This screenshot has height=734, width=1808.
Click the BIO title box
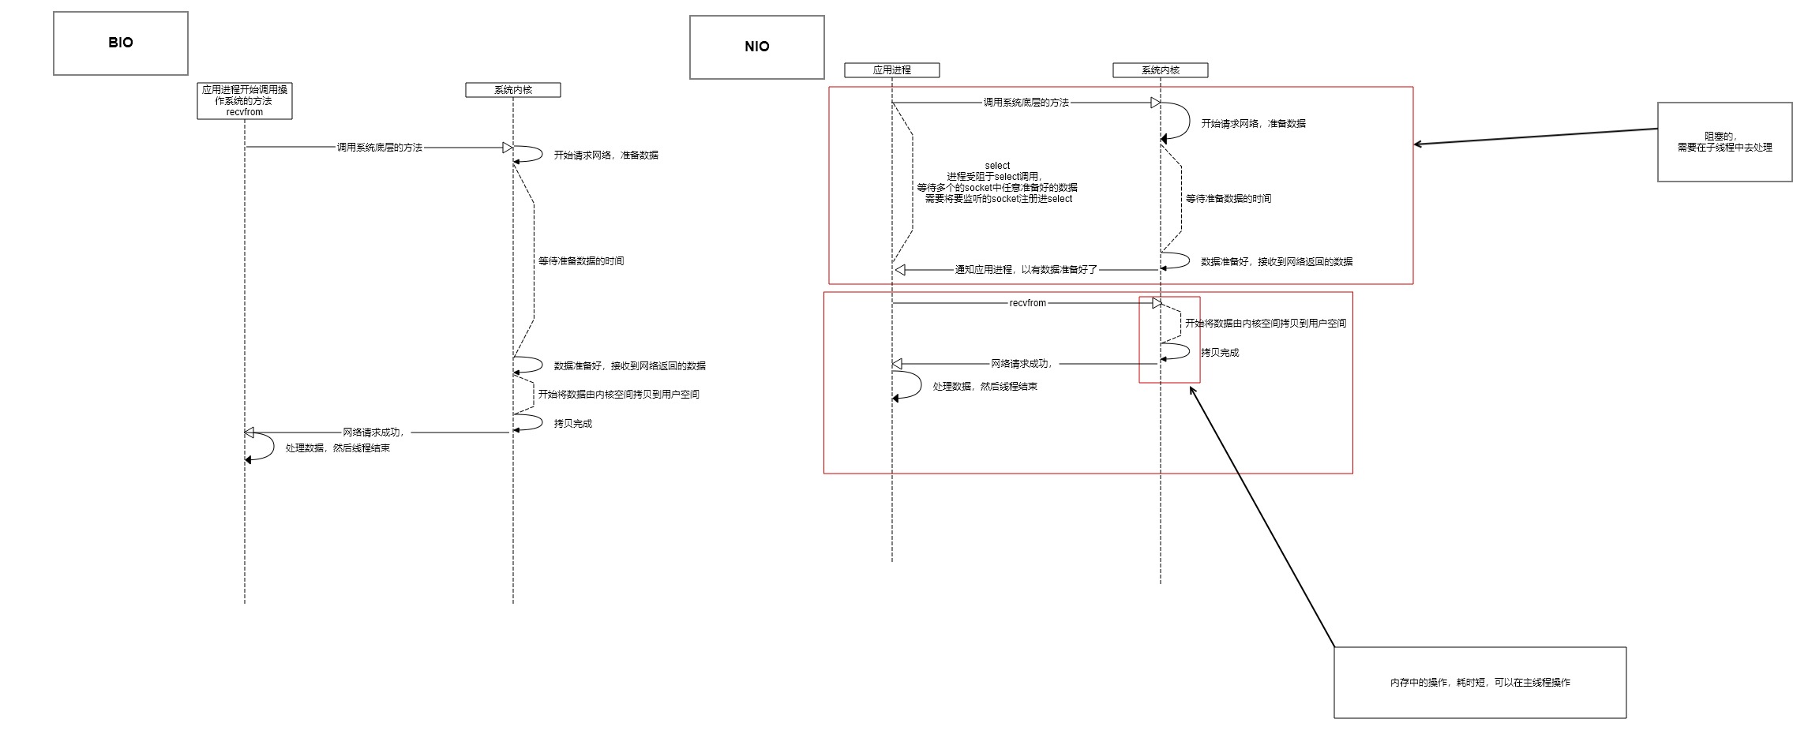point(121,43)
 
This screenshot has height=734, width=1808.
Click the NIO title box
point(756,47)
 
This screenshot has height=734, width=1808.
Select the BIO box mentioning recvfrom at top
point(245,101)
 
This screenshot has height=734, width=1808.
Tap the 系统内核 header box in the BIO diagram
point(513,90)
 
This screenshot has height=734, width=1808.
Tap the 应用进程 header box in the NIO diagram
point(892,70)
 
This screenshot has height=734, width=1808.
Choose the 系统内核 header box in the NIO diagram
point(1161,70)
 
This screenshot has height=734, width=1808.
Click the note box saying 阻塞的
point(1724,142)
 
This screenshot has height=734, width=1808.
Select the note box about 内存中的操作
point(1480,683)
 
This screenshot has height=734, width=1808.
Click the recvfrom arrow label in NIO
point(1027,303)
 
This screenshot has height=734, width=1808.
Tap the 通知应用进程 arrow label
point(1026,270)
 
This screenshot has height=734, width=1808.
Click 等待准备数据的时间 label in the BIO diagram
point(581,261)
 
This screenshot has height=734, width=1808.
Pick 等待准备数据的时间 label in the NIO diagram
point(1228,199)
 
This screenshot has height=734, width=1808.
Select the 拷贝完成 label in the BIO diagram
point(572,424)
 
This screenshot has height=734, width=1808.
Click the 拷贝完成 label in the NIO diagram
point(1220,353)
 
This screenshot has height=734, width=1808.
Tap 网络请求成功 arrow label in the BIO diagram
point(373,433)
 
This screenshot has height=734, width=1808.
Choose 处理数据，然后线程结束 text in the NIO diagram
point(985,387)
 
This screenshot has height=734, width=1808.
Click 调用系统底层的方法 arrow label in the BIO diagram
point(380,148)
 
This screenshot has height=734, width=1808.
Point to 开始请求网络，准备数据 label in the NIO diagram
point(1253,124)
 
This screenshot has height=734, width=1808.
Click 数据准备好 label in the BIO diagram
point(629,366)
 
